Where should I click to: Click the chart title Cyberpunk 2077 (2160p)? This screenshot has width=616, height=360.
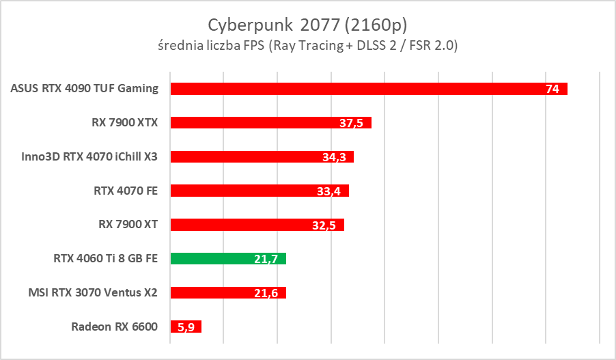(307, 25)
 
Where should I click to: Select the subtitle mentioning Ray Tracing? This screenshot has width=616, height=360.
(307, 46)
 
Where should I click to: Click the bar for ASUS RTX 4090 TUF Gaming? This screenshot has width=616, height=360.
(369, 89)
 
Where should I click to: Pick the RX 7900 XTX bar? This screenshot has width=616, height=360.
(270, 123)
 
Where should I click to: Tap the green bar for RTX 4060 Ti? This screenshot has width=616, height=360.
(228, 259)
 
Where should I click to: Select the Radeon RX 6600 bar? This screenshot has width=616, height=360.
(186, 327)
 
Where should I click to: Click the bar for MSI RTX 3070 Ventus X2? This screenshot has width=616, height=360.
(228, 293)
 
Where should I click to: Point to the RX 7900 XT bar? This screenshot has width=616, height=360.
(257, 225)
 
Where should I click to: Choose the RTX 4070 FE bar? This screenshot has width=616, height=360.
(260, 191)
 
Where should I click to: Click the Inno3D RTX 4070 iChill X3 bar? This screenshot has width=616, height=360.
(262, 156)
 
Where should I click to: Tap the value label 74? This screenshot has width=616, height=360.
(552, 89)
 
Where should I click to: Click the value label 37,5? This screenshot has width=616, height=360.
(351, 124)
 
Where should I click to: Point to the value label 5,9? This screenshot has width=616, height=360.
(186, 327)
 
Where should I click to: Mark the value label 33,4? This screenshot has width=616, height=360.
(329, 191)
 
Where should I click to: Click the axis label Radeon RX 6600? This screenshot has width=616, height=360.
(114, 327)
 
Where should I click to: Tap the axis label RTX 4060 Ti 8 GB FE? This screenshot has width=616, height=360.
(105, 259)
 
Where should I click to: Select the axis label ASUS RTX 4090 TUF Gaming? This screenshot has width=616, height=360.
(85, 88)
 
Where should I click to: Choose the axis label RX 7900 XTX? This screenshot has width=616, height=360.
(124, 123)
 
